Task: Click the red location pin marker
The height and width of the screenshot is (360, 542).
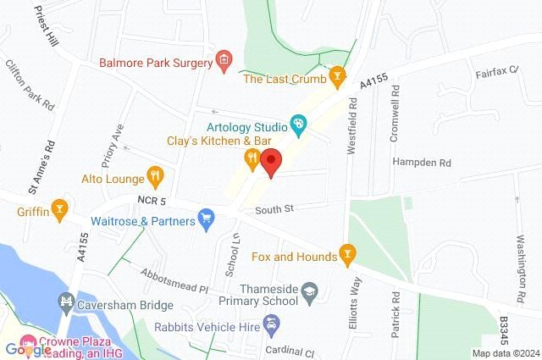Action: [271, 162]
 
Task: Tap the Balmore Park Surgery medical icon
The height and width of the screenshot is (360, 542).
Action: [224, 59]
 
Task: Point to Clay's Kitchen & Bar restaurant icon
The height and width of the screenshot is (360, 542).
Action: [252, 158]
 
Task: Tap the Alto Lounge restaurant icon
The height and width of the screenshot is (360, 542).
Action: [154, 178]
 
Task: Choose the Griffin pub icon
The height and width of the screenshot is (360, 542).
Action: [59, 207]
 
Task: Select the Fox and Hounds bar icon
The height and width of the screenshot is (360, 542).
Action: [346, 253]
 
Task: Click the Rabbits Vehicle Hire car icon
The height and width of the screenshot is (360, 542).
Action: [270, 324]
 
